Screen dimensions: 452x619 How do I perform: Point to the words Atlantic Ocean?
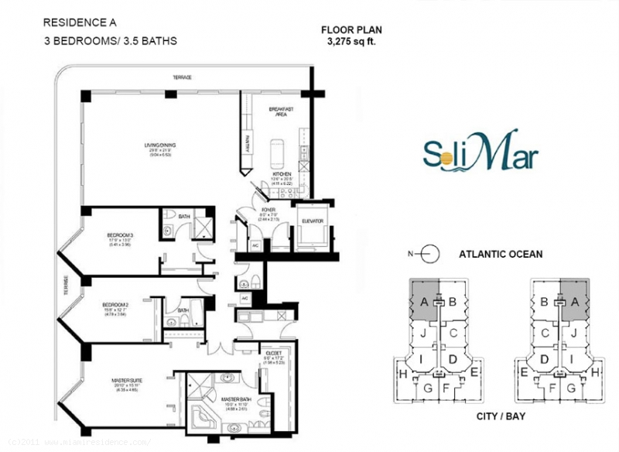(x=501, y=253)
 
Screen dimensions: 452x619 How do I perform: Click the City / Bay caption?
(x=494, y=416)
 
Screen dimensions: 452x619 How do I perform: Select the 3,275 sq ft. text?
(x=351, y=42)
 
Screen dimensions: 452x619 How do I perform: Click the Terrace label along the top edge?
(x=182, y=78)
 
